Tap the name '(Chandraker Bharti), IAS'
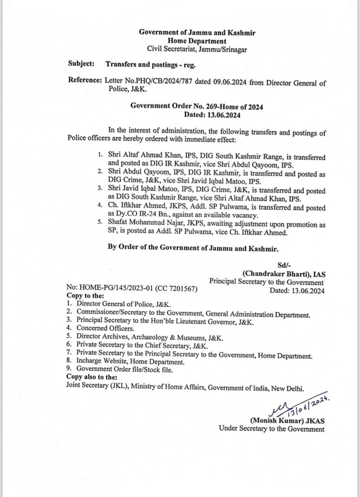tap(284, 274)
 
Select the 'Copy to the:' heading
tap(85, 295)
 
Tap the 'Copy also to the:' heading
tap(92, 376)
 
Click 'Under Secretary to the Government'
tap(272, 428)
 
